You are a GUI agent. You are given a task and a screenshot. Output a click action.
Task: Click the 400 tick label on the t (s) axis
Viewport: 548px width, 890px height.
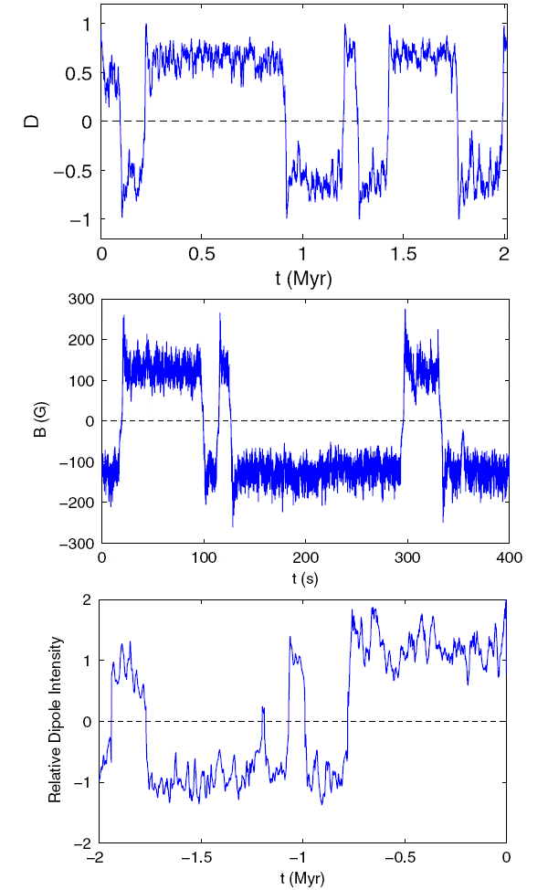(x=508, y=557)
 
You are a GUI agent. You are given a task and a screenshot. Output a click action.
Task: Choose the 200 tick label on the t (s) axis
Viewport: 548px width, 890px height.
(x=305, y=557)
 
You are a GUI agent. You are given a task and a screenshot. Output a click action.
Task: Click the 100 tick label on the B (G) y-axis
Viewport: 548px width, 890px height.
(x=80, y=380)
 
